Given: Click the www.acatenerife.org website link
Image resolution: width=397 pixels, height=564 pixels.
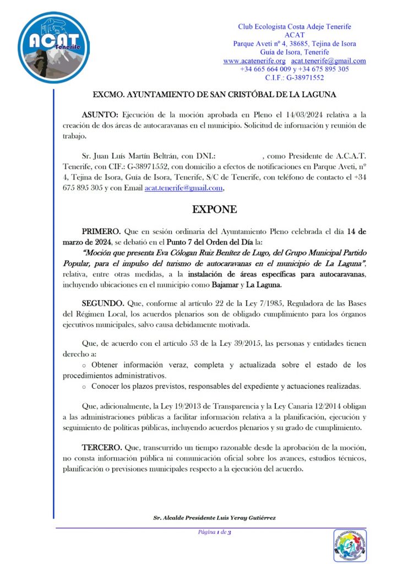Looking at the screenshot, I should point(254,61).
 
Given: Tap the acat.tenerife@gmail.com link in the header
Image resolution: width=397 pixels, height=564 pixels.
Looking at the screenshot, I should point(329,61).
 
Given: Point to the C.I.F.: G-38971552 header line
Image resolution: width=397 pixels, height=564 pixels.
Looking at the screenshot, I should point(295,78).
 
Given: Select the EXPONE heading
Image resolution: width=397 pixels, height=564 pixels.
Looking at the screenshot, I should point(214,209).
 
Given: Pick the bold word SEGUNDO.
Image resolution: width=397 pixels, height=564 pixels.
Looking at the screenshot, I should point(102,303).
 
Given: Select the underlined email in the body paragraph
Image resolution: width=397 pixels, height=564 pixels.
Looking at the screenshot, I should point(183,188).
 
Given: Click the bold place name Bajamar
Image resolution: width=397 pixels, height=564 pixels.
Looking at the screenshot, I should point(226,285).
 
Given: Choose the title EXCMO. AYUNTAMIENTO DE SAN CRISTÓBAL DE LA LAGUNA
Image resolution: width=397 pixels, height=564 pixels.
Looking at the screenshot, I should point(214,95).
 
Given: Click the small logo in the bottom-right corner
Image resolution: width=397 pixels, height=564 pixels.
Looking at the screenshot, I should point(349,545).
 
